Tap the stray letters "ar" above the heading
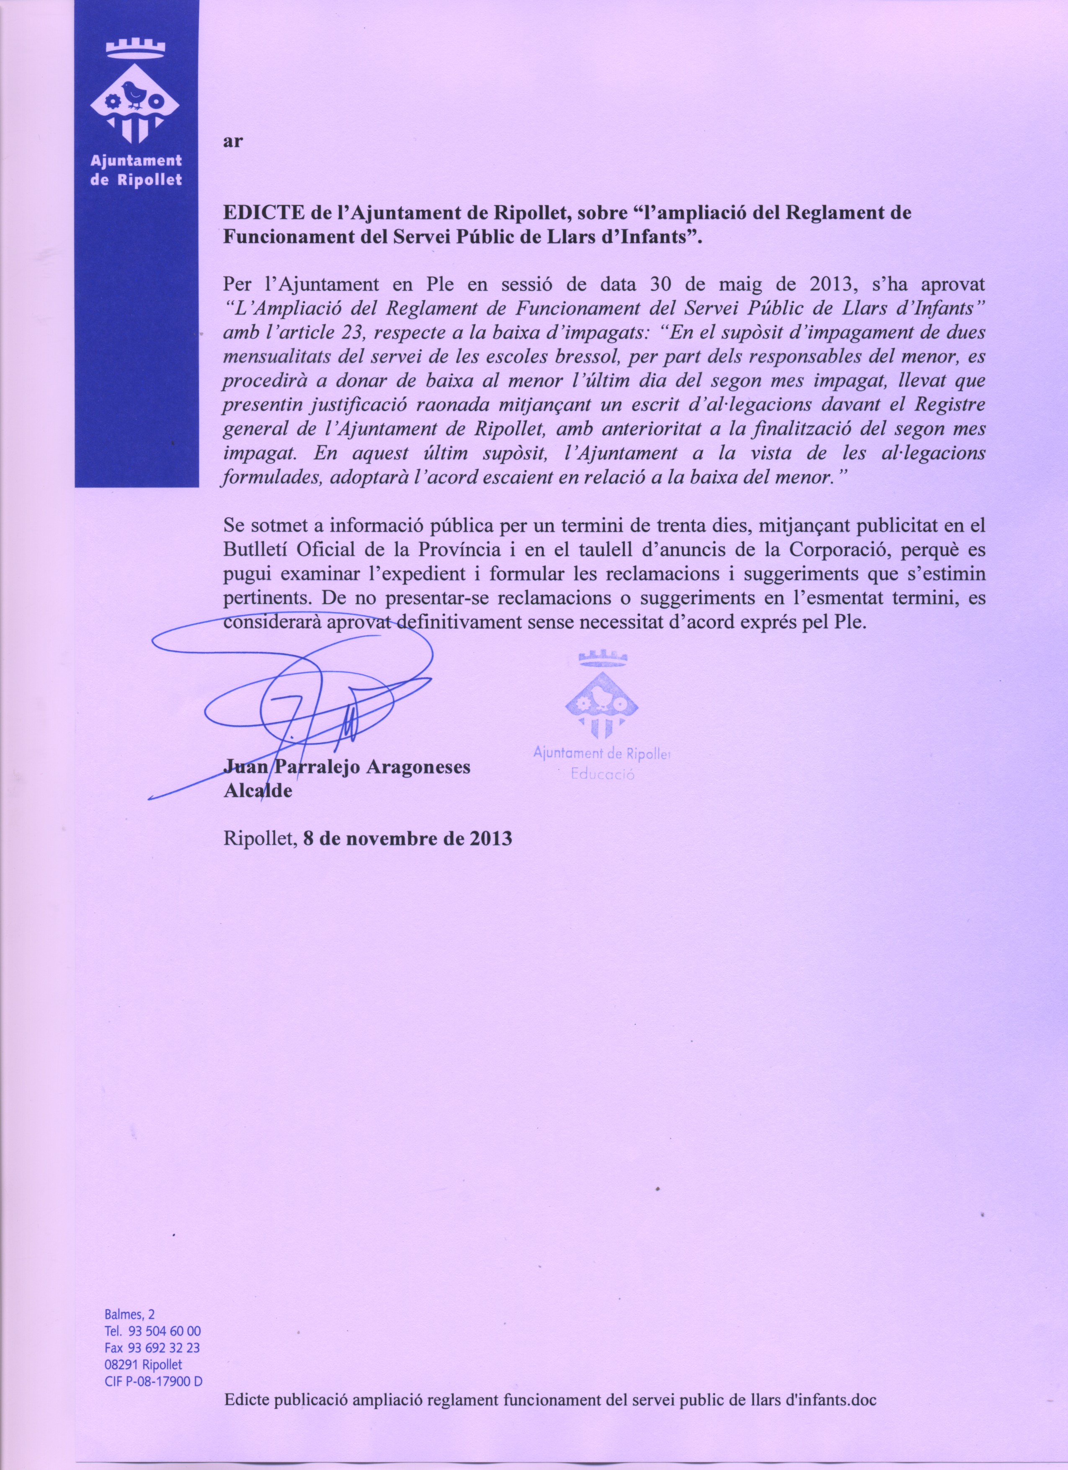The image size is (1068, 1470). [232, 142]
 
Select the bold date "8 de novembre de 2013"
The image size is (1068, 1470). [408, 838]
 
